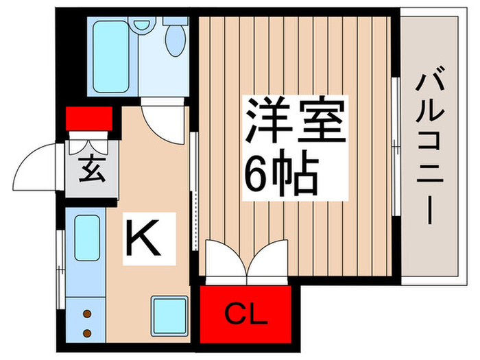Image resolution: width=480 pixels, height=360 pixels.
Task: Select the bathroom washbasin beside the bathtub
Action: point(143,25)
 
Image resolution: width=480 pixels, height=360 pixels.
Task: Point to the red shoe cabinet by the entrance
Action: point(89,118)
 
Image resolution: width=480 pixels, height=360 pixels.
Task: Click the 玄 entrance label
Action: point(92,169)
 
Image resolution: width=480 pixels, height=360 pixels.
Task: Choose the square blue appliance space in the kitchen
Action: point(168,315)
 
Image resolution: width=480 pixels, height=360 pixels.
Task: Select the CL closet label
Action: point(243,317)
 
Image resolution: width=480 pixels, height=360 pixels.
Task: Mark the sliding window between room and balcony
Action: point(396,148)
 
